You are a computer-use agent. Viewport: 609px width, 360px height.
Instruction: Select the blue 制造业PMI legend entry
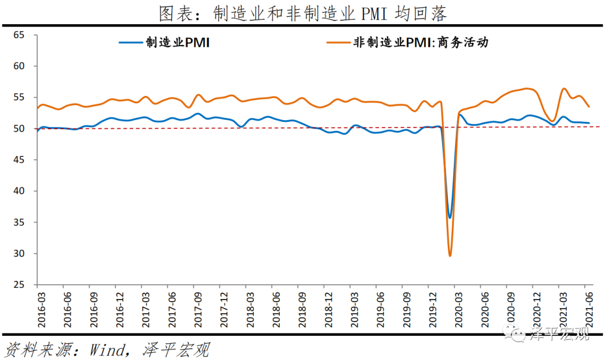point(164,42)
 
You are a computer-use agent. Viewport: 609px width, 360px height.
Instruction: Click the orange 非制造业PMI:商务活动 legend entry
point(406,42)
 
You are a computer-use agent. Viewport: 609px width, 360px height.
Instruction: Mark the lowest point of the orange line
point(450,256)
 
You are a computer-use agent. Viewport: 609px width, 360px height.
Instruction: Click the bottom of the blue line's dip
point(449,217)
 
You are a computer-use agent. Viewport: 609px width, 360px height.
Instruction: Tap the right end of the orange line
point(589,107)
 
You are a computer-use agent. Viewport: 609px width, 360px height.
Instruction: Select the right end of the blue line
point(589,122)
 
